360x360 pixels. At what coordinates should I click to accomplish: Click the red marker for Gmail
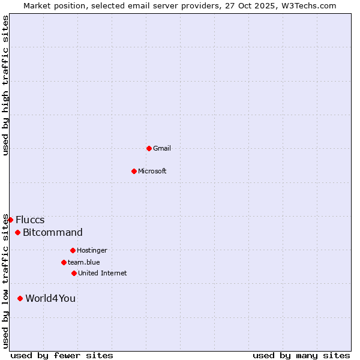pyautogui.click(x=149, y=148)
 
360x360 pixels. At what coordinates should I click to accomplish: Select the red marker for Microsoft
pyautogui.click(x=134, y=171)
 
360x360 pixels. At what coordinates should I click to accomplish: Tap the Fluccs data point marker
pyautogui.click(x=10, y=220)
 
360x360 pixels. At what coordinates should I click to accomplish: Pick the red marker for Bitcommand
pyautogui.click(x=17, y=232)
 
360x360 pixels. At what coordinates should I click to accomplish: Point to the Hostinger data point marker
pyautogui.click(x=73, y=250)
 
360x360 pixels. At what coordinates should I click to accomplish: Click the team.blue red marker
pyautogui.click(x=64, y=262)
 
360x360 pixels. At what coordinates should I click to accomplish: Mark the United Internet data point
pyautogui.click(x=74, y=273)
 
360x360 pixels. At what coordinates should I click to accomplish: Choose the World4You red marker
pyautogui.click(x=20, y=298)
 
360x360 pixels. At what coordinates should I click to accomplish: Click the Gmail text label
pyautogui.click(x=162, y=149)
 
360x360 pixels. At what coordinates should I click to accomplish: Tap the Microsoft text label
pyautogui.click(x=152, y=172)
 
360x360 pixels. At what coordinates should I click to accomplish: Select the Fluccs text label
pyautogui.click(x=30, y=220)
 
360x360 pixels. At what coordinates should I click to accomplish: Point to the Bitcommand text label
pyautogui.click(x=53, y=233)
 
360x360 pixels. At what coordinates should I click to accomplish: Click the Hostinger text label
pyautogui.click(x=92, y=251)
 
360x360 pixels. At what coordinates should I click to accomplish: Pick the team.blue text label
pyautogui.click(x=84, y=263)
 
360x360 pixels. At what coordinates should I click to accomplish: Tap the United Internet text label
pyautogui.click(x=103, y=274)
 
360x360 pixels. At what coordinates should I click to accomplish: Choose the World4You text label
pyautogui.click(x=50, y=299)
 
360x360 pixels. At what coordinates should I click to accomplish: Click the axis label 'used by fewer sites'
pyautogui.click(x=62, y=356)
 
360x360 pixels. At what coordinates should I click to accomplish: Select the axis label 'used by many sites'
pyautogui.click(x=301, y=356)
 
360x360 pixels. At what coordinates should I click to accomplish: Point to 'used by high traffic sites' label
pyautogui.click(x=6, y=86)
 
